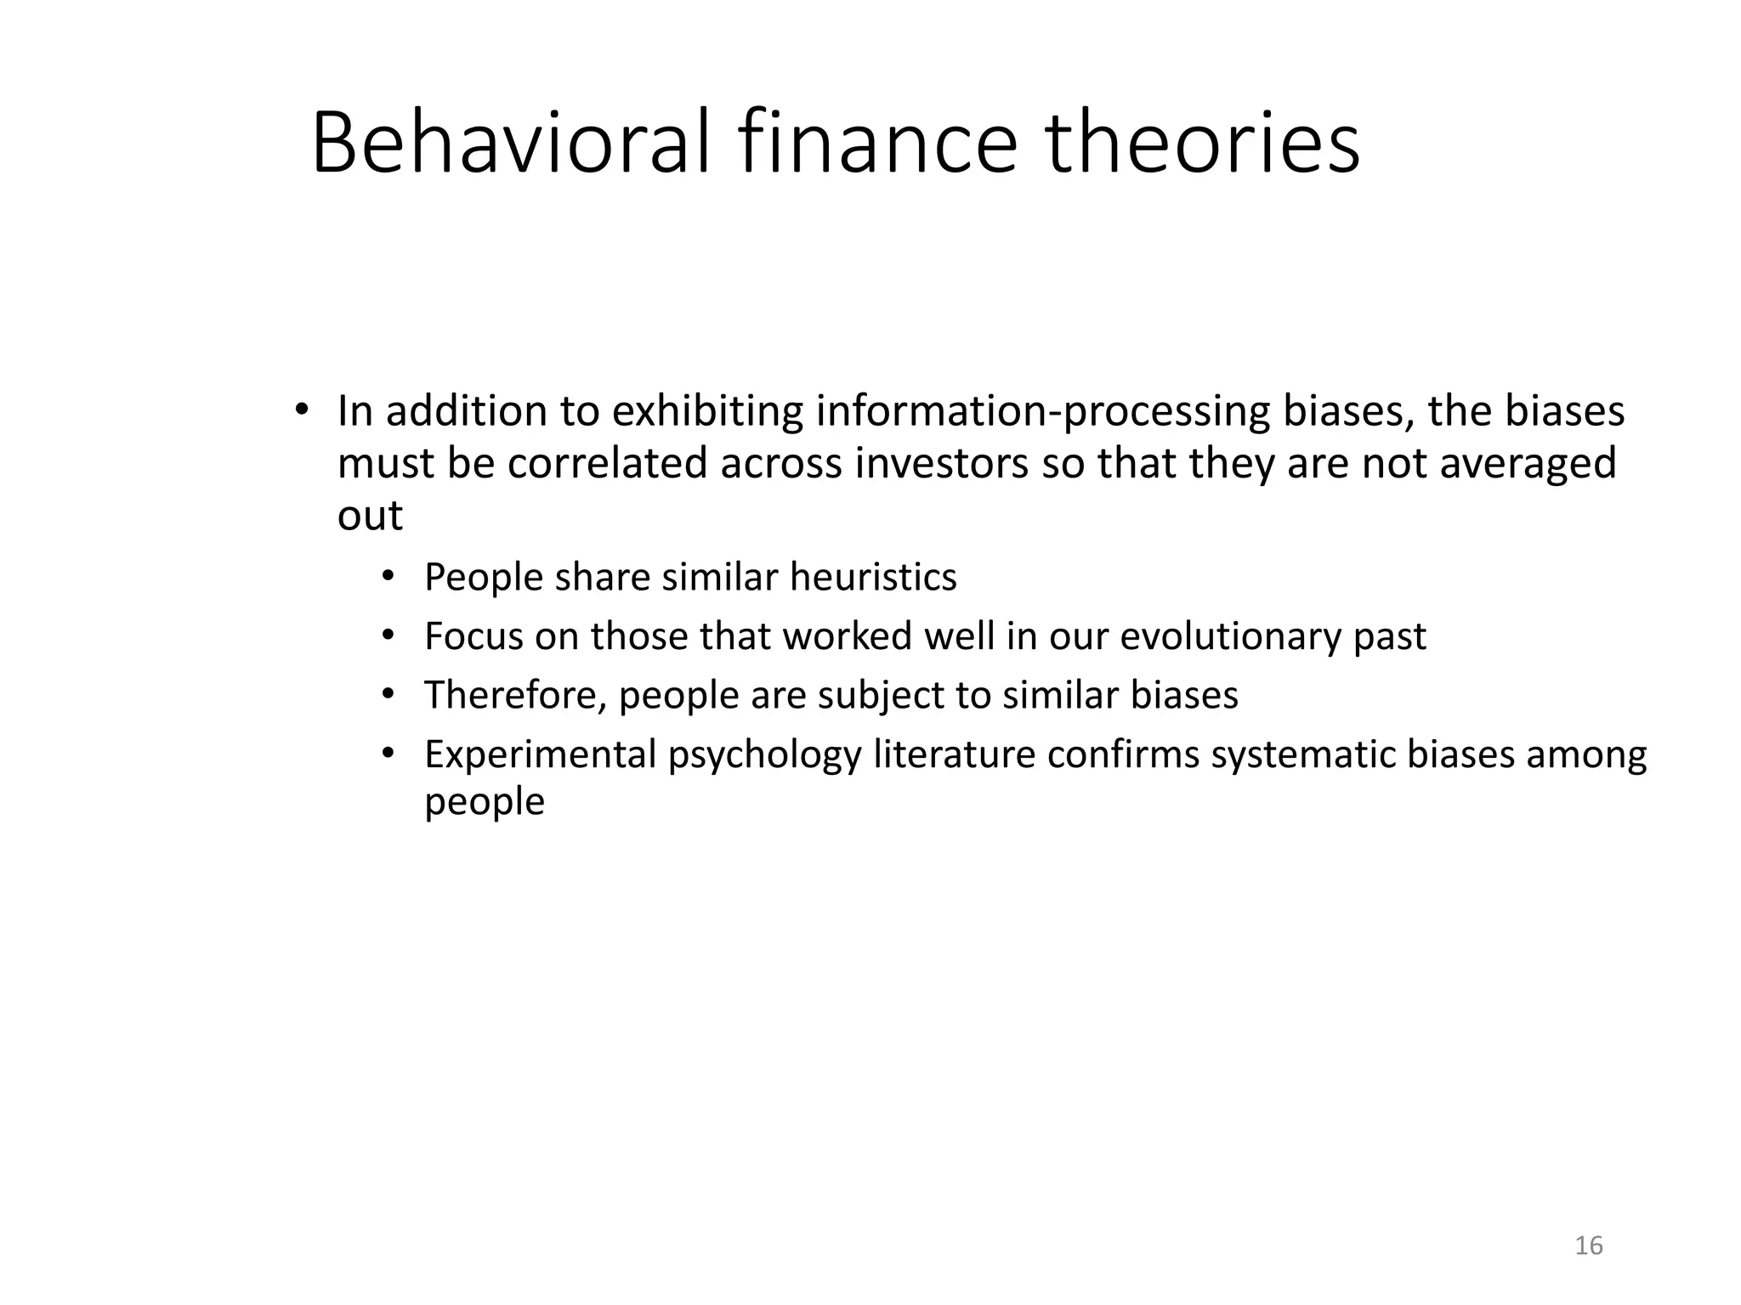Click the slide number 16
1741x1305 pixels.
(x=1589, y=1246)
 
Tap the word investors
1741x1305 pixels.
(x=942, y=464)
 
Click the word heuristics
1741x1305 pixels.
(x=873, y=578)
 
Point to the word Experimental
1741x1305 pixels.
(x=540, y=754)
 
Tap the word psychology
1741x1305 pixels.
(x=764, y=756)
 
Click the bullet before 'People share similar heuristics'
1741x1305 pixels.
(x=388, y=577)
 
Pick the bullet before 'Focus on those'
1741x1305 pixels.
(x=388, y=636)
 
